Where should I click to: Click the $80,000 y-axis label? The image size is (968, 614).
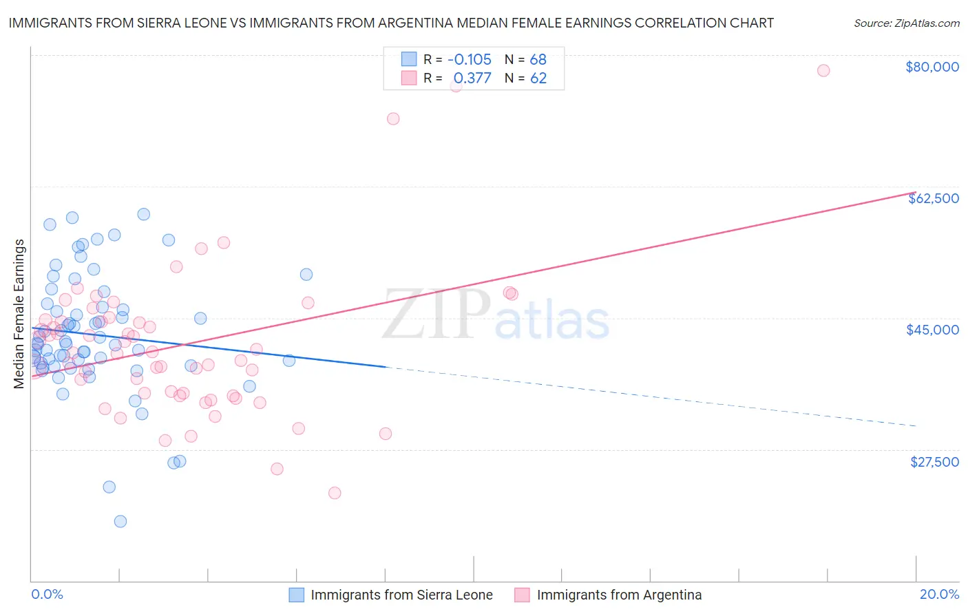[932, 67]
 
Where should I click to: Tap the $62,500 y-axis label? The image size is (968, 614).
[933, 198]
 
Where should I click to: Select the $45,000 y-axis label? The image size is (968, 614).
[932, 330]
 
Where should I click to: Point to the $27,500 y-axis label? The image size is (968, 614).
[934, 462]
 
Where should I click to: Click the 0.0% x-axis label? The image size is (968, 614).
[47, 594]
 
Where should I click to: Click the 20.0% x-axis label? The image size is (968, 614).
[939, 594]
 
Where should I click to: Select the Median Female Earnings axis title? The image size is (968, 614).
[19, 314]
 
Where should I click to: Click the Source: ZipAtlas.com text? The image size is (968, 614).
[906, 23]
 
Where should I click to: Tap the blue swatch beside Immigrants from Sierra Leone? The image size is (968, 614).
[296, 595]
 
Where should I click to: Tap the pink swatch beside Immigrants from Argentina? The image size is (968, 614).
[522, 595]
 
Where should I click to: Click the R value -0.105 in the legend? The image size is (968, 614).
[469, 59]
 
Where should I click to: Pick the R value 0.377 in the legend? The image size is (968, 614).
[472, 78]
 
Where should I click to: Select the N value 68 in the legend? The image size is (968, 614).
[538, 59]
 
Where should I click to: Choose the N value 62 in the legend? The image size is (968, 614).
[538, 78]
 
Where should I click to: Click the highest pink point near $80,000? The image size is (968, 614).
[823, 70]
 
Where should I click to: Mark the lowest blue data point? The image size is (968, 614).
[120, 521]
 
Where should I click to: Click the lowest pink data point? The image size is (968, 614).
[335, 493]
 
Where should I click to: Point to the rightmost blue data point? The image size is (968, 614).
[306, 275]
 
